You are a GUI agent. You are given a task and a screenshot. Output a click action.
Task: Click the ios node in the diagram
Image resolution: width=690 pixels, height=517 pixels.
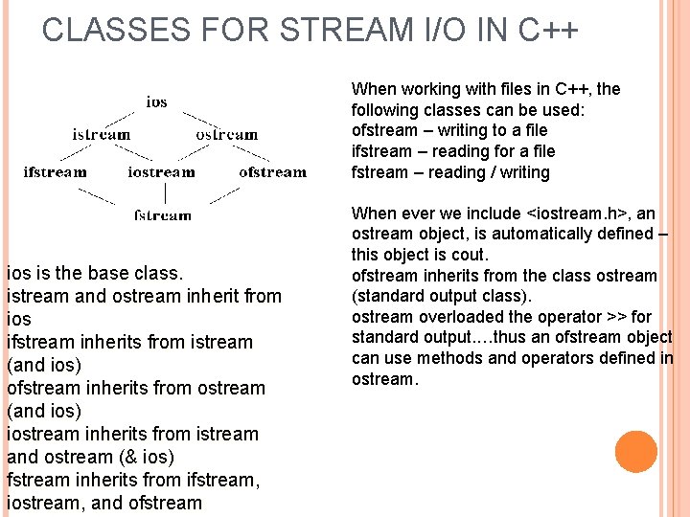tap(156, 101)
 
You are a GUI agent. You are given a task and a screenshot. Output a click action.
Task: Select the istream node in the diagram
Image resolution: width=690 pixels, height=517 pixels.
tap(102, 135)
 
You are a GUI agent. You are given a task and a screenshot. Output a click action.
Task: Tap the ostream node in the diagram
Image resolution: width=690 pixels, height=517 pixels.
tap(227, 135)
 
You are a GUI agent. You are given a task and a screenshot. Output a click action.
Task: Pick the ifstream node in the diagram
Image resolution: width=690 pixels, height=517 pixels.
tap(55, 172)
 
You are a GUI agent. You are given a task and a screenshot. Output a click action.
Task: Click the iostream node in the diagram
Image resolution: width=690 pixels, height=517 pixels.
tap(161, 172)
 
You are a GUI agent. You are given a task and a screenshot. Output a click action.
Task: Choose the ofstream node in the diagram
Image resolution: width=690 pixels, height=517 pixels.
tap(273, 172)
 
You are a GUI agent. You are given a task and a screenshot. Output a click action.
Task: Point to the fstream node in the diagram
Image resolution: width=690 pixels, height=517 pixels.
tap(163, 215)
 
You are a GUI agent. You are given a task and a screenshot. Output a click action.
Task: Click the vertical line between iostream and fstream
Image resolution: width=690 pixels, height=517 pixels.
tap(165, 193)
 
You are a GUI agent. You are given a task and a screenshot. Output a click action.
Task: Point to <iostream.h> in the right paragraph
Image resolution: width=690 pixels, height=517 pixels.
tap(577, 214)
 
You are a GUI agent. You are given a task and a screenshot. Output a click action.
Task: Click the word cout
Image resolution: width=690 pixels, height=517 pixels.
tap(471, 256)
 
